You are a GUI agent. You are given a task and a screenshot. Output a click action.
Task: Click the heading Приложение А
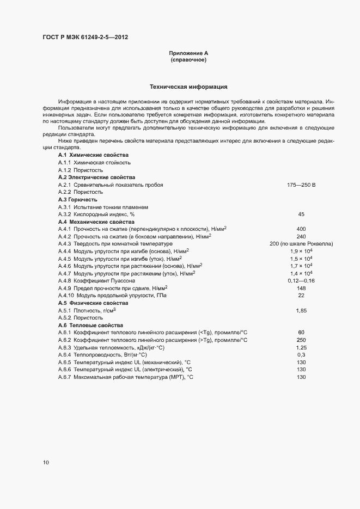tap(188, 53)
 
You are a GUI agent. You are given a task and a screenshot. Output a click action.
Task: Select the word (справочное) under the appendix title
tap(188, 60)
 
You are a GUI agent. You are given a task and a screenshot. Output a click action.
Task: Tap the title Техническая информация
tap(188, 87)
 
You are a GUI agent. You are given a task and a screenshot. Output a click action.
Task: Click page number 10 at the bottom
tap(46, 463)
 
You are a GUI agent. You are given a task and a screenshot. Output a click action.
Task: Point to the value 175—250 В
tap(301, 185)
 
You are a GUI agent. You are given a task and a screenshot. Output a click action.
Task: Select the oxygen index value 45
tap(301, 214)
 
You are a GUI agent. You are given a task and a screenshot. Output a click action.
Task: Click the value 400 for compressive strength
tap(301, 229)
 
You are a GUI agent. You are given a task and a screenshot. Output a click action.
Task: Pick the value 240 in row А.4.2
tap(301, 237)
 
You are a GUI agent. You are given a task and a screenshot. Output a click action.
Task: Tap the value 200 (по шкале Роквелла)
tap(301, 244)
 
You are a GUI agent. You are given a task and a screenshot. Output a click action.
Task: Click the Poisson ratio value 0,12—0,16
tap(301, 280)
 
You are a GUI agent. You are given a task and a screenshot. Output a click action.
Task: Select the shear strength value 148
tap(301, 288)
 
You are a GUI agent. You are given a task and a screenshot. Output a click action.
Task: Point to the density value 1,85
tap(301, 310)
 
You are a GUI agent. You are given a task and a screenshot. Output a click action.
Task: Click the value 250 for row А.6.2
tap(301, 340)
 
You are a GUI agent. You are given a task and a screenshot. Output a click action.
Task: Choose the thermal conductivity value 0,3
tap(301, 354)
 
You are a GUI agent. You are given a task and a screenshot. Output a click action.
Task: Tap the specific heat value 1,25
tap(301, 347)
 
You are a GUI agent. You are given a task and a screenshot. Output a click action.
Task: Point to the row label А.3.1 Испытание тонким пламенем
tap(102, 207)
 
